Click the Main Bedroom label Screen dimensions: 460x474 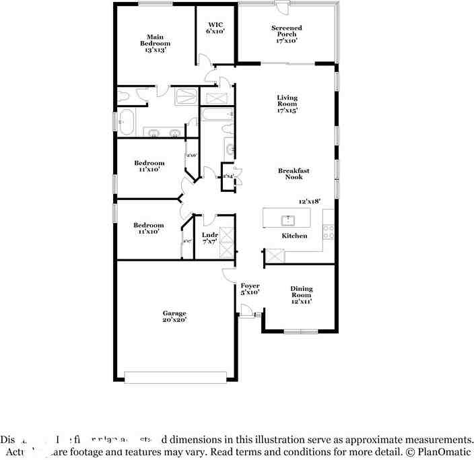[x=154, y=43]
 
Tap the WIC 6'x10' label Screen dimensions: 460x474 [x=215, y=27]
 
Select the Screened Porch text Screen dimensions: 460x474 [x=287, y=34]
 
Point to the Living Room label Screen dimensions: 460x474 [x=287, y=104]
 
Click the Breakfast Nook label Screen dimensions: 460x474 [x=294, y=174]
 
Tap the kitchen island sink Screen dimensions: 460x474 [x=287, y=219]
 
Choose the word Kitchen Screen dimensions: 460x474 [x=294, y=236]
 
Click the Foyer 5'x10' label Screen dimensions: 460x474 [x=250, y=290]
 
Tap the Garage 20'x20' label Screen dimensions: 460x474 [x=174, y=317]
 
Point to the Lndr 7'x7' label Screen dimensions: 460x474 [x=209, y=238]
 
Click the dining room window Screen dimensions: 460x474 [x=300, y=331]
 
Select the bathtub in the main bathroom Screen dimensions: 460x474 [x=126, y=123]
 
